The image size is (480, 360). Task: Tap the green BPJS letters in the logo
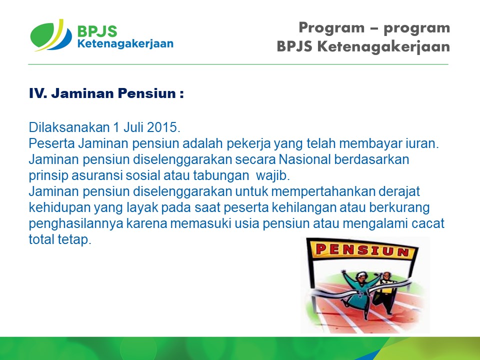pos(97,31)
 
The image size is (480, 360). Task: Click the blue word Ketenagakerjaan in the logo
pos(125,44)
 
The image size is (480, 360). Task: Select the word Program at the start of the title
pos(331,28)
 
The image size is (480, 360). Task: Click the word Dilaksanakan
pos(69,127)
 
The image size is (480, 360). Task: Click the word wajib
pos(272,175)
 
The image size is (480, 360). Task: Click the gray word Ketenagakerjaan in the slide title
pos(383,47)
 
